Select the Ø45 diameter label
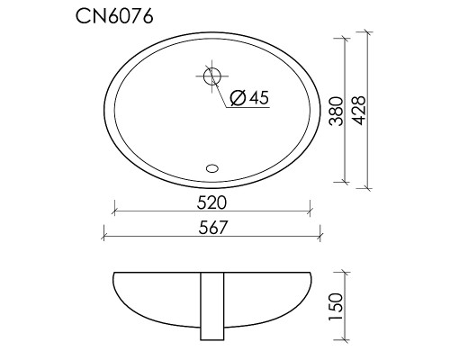coord(249,99)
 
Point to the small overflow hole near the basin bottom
coord(213,166)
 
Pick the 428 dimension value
coord(357,111)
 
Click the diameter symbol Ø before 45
coord(237,99)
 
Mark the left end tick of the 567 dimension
coord(105,238)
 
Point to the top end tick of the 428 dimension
coord(369,33)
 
